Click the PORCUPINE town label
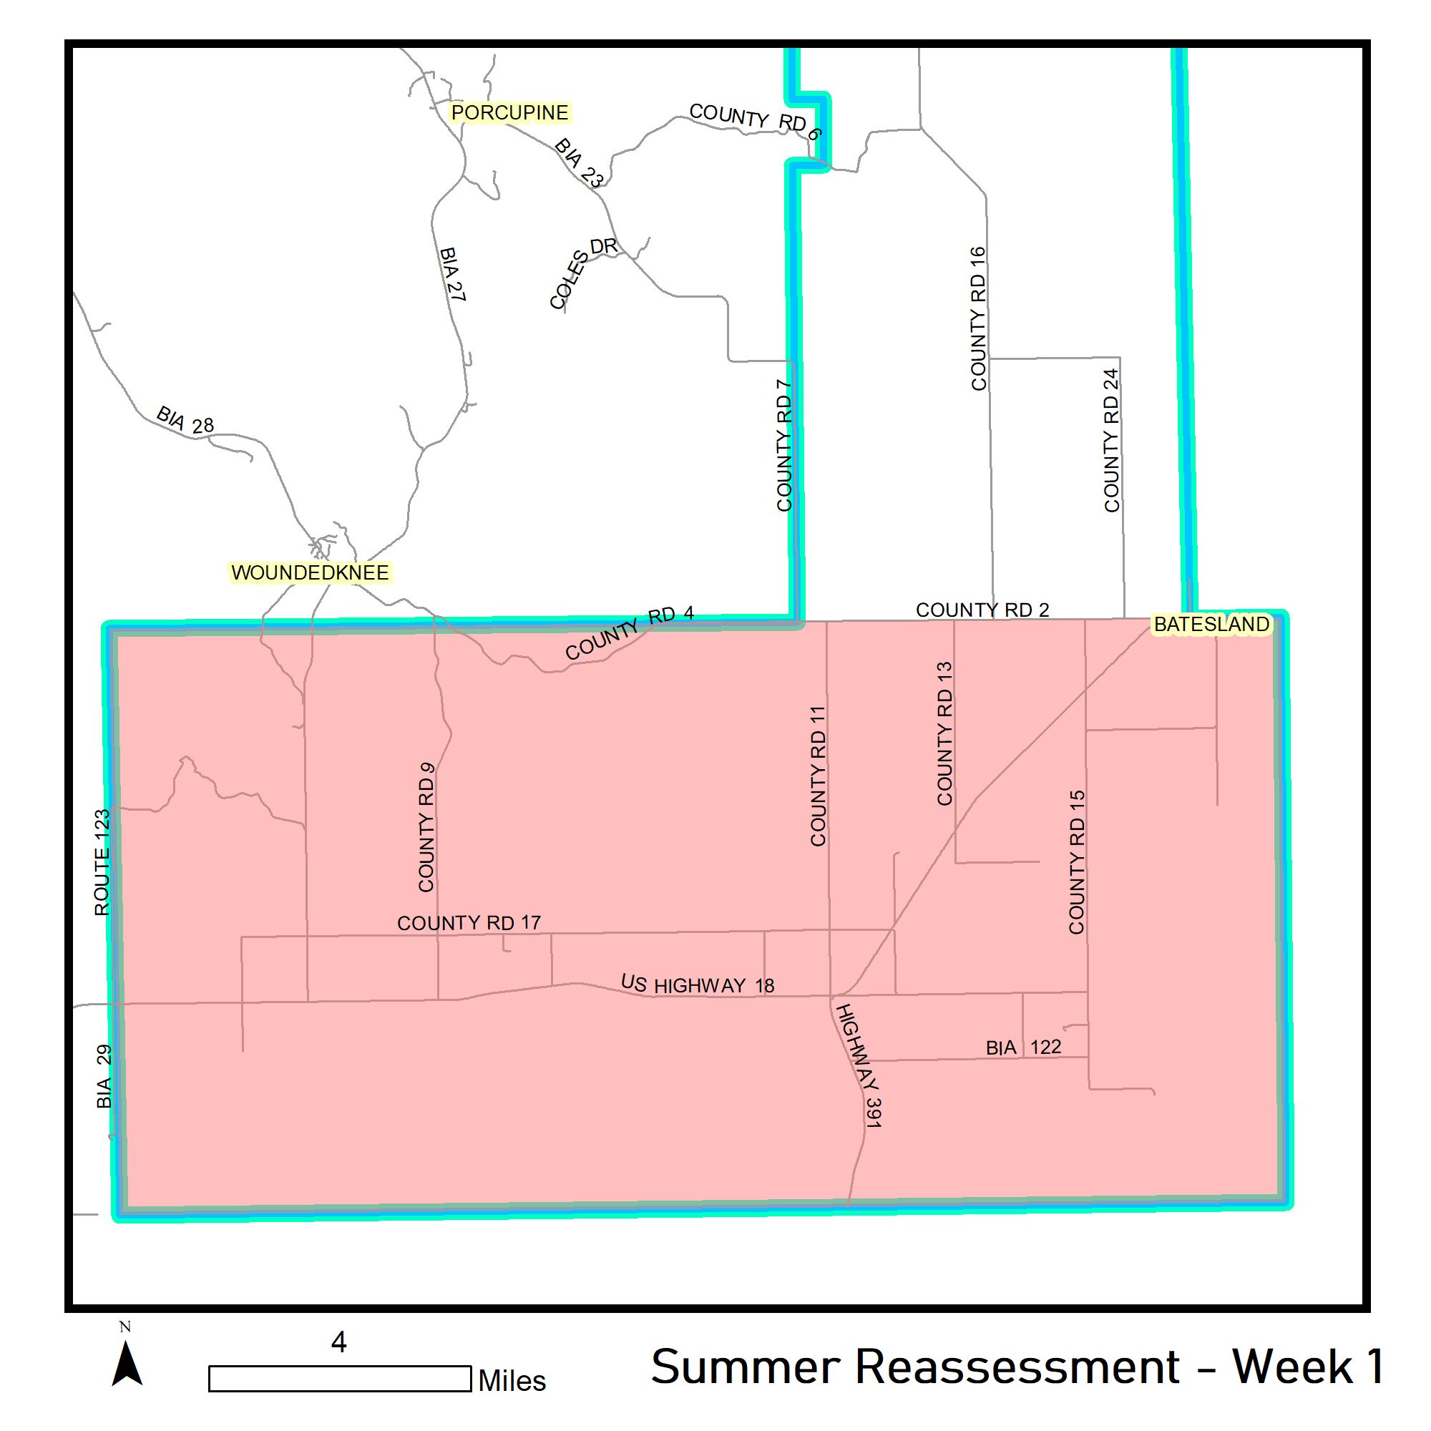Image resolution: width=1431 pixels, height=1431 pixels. click(509, 112)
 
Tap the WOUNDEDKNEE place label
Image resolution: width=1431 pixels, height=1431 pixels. click(310, 572)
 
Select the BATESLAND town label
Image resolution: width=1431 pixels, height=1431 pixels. click(1211, 625)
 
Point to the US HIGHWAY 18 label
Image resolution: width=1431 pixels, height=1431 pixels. click(697, 985)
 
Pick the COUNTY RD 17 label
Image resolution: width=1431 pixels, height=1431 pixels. click(469, 923)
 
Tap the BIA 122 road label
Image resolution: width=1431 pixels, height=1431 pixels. click(1023, 1047)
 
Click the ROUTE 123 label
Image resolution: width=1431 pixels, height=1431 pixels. click(102, 862)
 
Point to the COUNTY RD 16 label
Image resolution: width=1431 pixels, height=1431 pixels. click(978, 318)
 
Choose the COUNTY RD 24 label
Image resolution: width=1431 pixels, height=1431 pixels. click(1111, 441)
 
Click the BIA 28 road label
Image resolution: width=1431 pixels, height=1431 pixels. click(185, 420)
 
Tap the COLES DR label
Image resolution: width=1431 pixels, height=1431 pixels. click(583, 272)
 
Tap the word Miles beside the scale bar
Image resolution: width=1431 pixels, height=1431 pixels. click(512, 1381)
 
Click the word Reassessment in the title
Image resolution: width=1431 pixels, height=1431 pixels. click(1017, 1367)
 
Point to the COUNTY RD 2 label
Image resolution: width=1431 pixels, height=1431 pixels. click(982, 610)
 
